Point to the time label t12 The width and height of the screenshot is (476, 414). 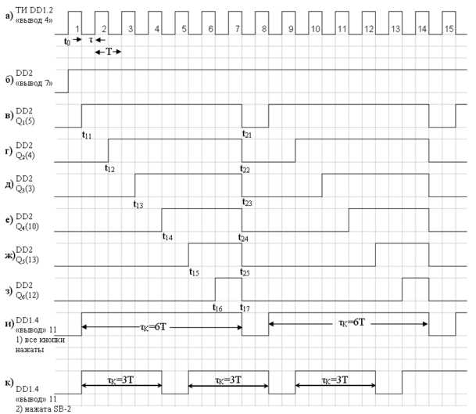click(x=111, y=167)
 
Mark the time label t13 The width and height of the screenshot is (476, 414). click(x=138, y=203)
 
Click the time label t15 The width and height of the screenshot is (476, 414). click(x=194, y=272)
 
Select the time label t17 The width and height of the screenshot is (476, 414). click(x=245, y=308)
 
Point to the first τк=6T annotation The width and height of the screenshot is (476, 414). click(x=162, y=320)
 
